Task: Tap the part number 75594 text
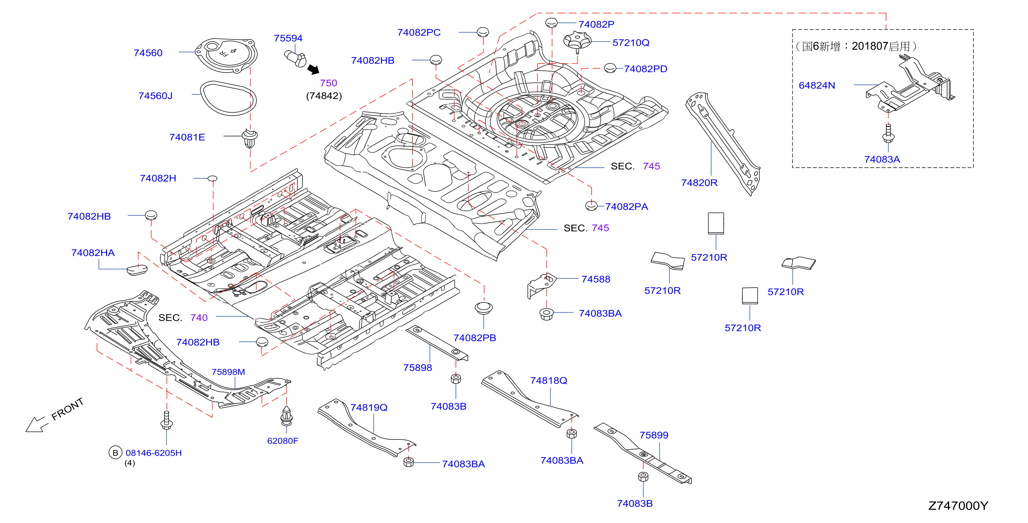click(288, 38)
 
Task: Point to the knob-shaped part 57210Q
click(577, 42)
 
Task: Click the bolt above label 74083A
click(888, 133)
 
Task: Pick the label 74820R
click(699, 183)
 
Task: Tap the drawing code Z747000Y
click(958, 506)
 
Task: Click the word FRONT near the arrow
click(67, 409)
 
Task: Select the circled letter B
click(115, 453)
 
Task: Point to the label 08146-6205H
click(154, 453)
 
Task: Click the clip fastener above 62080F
click(287, 416)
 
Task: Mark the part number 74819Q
click(369, 407)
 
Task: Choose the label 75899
click(654, 435)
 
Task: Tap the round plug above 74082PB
click(483, 308)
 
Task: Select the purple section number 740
click(199, 318)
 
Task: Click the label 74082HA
click(93, 253)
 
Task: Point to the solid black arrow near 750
click(314, 70)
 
